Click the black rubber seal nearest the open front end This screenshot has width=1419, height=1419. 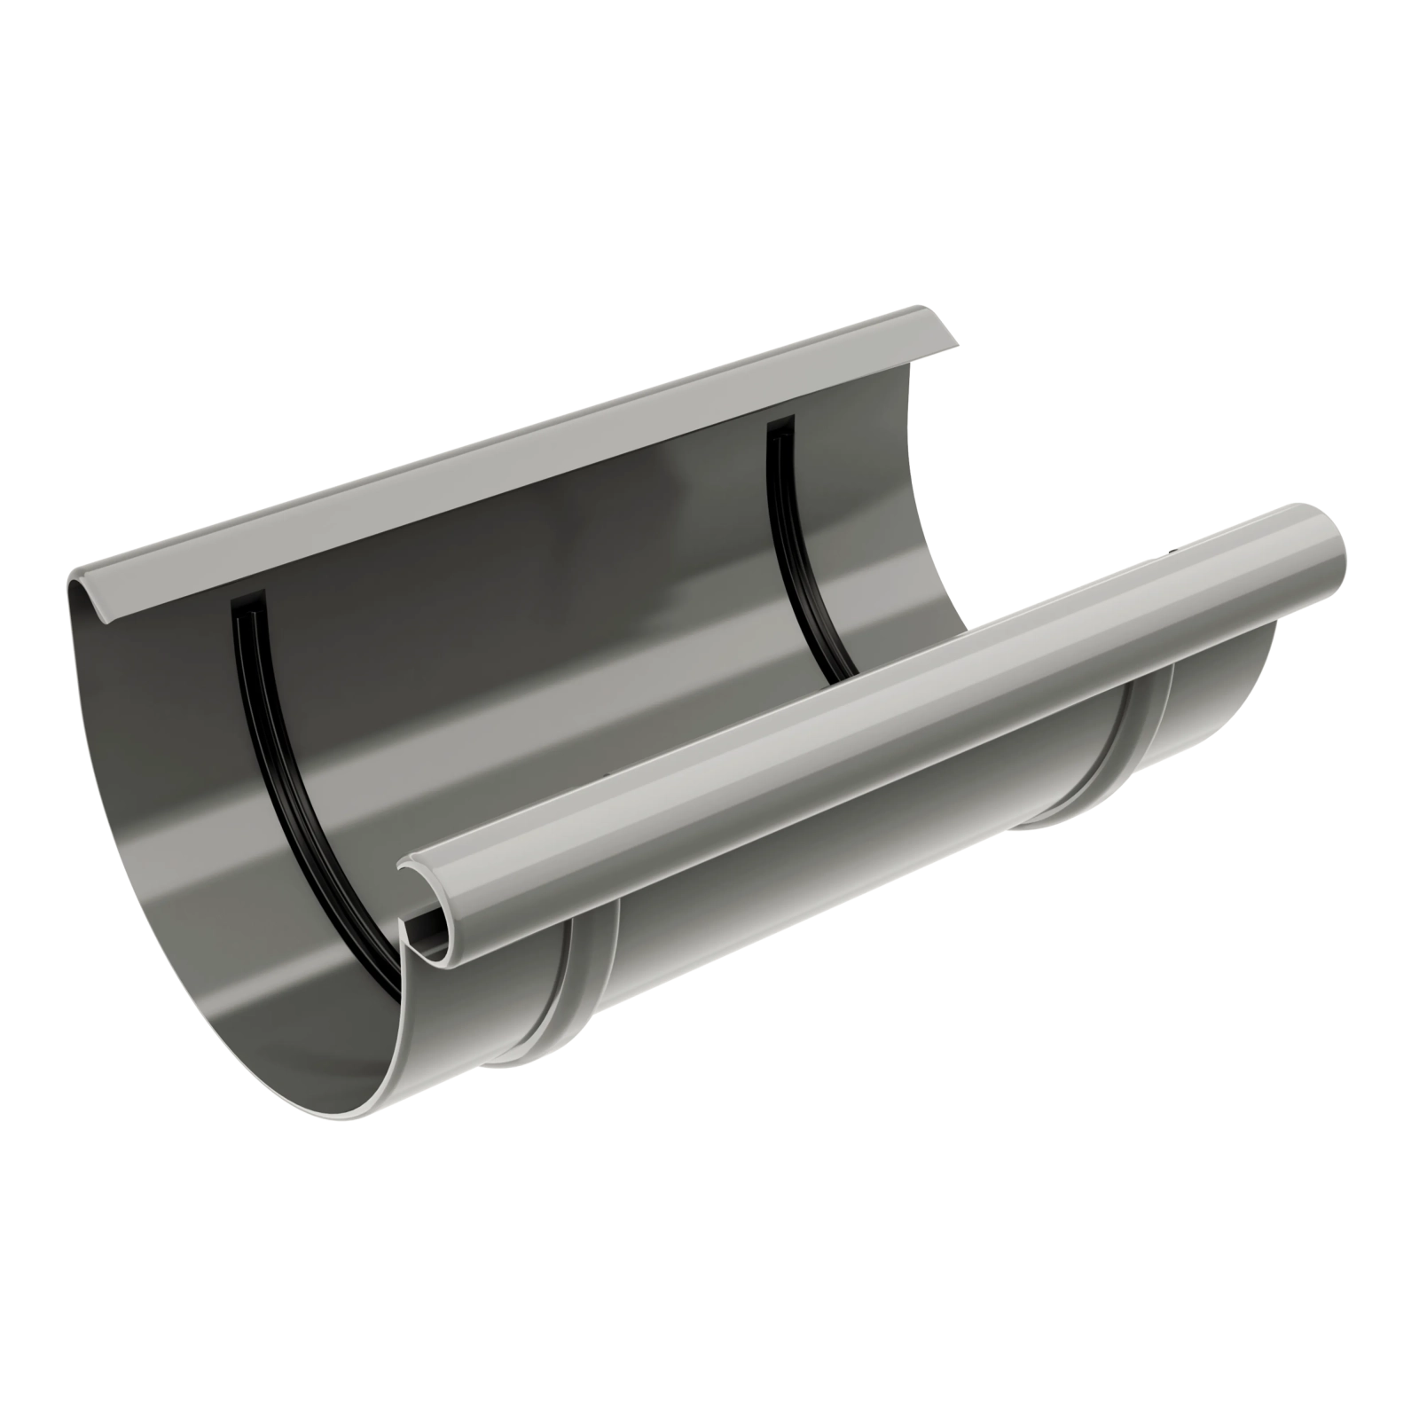click(293, 780)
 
